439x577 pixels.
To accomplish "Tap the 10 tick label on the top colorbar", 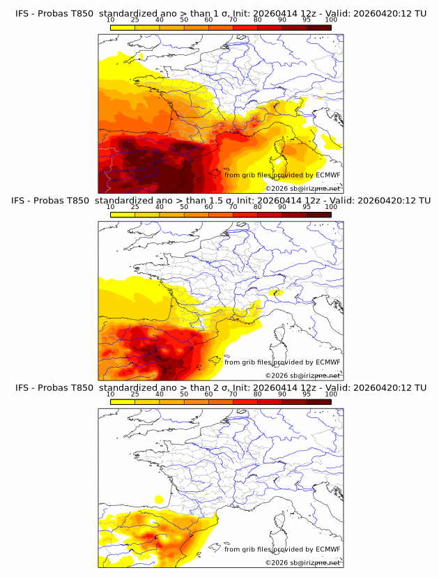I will (110, 21).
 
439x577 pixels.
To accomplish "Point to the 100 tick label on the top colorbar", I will (331, 21).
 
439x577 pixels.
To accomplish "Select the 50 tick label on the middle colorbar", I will (184, 207).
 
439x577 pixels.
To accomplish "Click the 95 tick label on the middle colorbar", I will (307, 207).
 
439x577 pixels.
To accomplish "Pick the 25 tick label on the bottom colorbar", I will (134, 394).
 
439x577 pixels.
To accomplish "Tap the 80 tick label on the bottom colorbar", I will (258, 394).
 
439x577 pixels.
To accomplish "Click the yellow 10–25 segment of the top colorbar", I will (123, 27).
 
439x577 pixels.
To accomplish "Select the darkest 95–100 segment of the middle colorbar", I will (318, 214).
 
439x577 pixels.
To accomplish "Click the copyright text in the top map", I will (302, 188).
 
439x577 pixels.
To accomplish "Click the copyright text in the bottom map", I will (302, 562).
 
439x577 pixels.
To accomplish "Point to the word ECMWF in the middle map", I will (328, 362).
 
